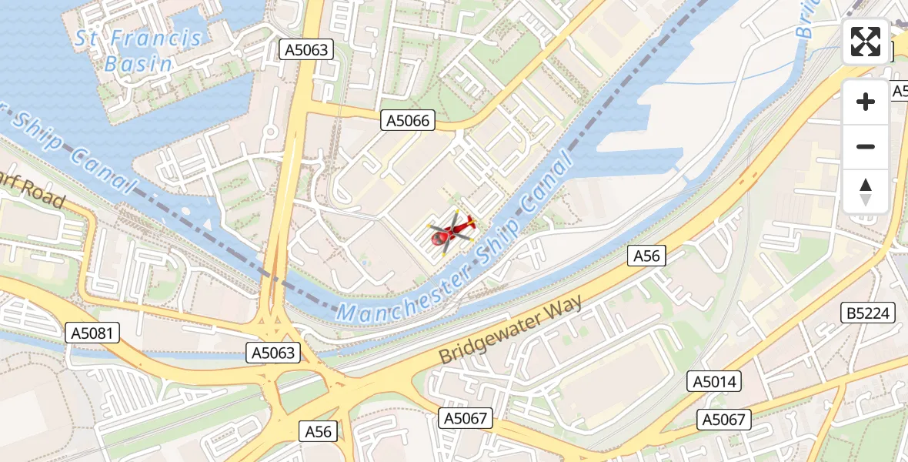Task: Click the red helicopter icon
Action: (x=451, y=231)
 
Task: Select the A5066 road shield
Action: (x=408, y=120)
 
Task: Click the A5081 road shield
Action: (x=94, y=333)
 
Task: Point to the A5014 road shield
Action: (x=715, y=381)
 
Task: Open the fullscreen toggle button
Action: (x=866, y=42)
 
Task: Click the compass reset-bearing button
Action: (x=866, y=192)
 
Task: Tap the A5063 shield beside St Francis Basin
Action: (x=306, y=51)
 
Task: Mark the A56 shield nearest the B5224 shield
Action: (x=647, y=256)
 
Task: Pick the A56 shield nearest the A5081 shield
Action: (x=318, y=431)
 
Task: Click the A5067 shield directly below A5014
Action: (x=724, y=419)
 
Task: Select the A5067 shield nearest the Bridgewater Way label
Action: (x=466, y=418)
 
